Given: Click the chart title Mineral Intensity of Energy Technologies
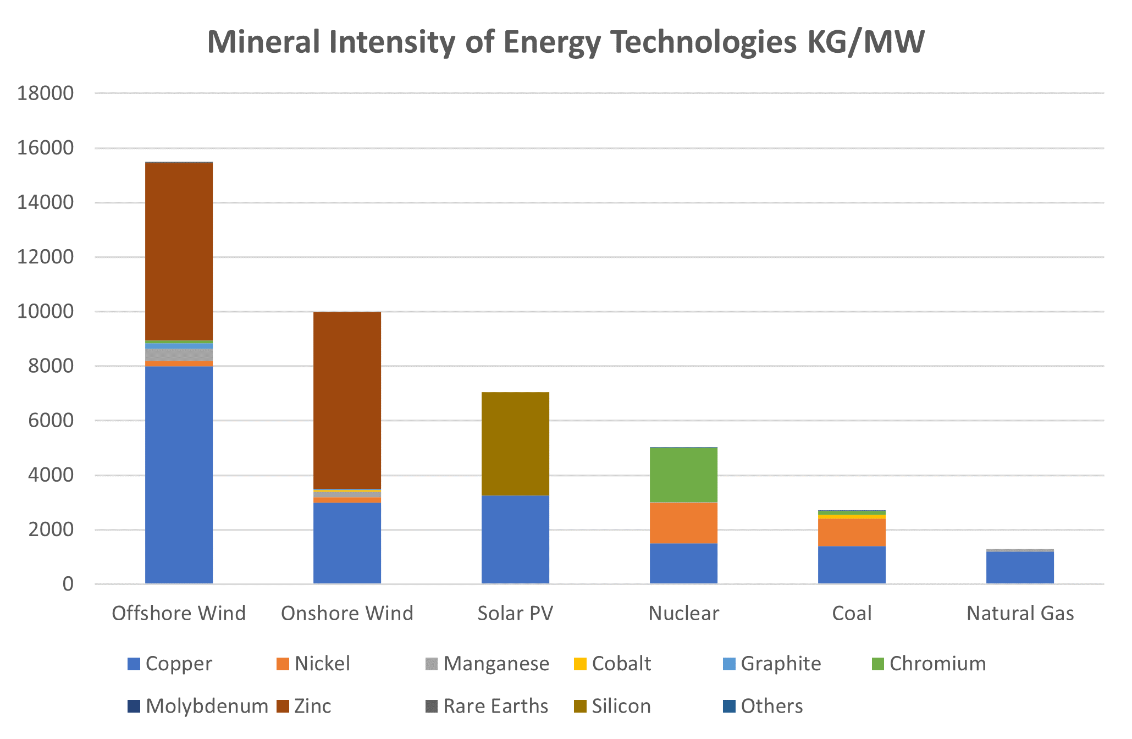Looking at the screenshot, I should pyautogui.click(x=566, y=42).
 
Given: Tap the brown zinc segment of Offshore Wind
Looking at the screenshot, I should pyautogui.click(x=179, y=251).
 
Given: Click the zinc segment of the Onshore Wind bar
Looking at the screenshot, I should pyautogui.click(x=347, y=400).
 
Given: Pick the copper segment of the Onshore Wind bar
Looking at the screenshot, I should pyautogui.click(x=347, y=543).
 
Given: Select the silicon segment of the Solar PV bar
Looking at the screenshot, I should pyautogui.click(x=515, y=444).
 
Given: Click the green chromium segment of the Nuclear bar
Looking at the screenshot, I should pyautogui.click(x=683, y=475).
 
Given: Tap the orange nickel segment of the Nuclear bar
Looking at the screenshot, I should pyautogui.click(x=683, y=523).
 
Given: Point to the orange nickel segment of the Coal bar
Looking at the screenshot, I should pyautogui.click(x=852, y=532).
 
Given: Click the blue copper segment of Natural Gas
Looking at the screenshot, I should pyautogui.click(x=1020, y=567).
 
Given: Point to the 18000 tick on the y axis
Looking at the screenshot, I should pyautogui.click(x=45, y=93).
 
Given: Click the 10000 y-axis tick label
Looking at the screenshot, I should pyautogui.click(x=45, y=312).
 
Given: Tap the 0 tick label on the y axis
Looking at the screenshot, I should pyautogui.click(x=68, y=584).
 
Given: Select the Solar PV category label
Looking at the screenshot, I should pyautogui.click(x=515, y=613).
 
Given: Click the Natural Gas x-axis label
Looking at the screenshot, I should pyautogui.click(x=1020, y=613).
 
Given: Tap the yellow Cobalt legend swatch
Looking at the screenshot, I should pyautogui.click(x=580, y=664).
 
